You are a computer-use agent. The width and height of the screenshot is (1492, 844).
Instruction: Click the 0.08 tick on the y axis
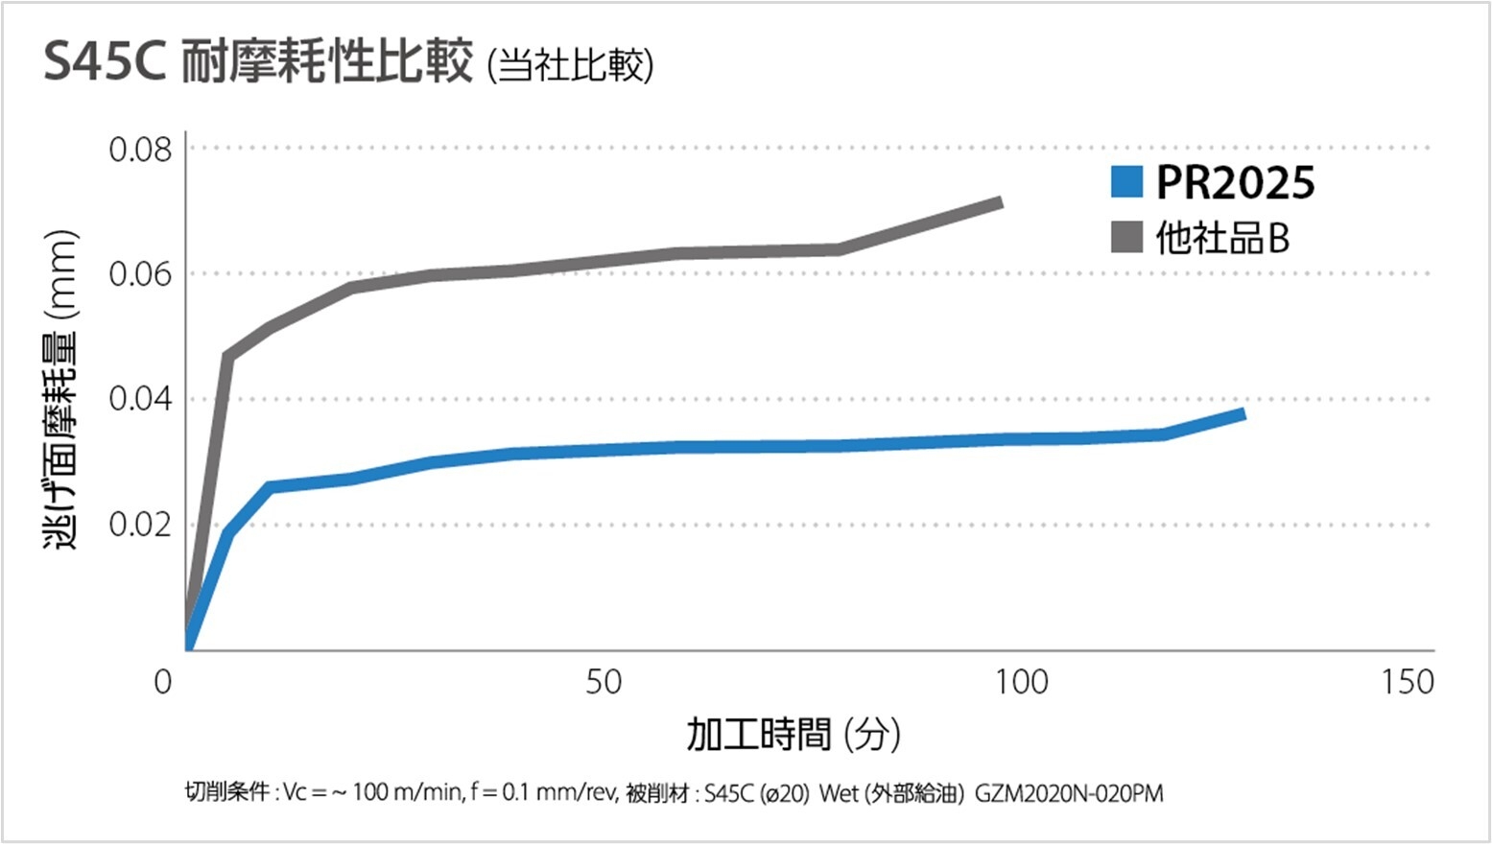click(x=140, y=150)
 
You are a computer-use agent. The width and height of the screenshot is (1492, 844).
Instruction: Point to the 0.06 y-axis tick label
click(x=140, y=274)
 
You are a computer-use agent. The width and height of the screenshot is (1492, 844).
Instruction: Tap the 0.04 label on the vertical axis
click(x=140, y=399)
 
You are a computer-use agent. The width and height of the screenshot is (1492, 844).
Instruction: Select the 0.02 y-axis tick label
click(x=140, y=525)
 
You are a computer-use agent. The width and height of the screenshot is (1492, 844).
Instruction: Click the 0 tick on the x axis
click(x=163, y=682)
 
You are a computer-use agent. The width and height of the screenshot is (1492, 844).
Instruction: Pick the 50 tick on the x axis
click(x=604, y=682)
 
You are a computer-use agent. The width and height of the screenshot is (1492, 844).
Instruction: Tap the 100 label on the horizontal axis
click(x=1021, y=682)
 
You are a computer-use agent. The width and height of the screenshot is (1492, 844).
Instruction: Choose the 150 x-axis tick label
click(x=1407, y=682)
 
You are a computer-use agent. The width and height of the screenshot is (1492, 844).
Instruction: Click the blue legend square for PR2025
click(x=1126, y=182)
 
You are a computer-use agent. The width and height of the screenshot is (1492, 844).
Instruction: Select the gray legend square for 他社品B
click(x=1126, y=237)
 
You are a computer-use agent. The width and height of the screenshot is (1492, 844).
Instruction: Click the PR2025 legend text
click(x=1235, y=182)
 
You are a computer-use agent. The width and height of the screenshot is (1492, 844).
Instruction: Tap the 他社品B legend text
click(x=1222, y=238)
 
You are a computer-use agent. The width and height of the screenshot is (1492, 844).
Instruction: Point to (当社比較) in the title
click(x=571, y=65)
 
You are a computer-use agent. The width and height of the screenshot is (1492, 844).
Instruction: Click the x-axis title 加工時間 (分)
click(x=793, y=735)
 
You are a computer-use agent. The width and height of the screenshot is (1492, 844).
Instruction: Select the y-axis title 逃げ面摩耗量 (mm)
click(x=59, y=388)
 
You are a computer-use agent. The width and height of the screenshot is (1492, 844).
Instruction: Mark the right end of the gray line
click(x=1001, y=202)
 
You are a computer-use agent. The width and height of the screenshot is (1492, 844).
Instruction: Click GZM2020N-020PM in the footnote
click(x=1069, y=794)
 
